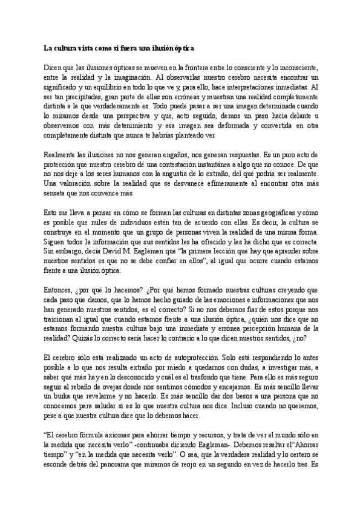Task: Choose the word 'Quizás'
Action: pyautogui.click(x=77, y=339)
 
